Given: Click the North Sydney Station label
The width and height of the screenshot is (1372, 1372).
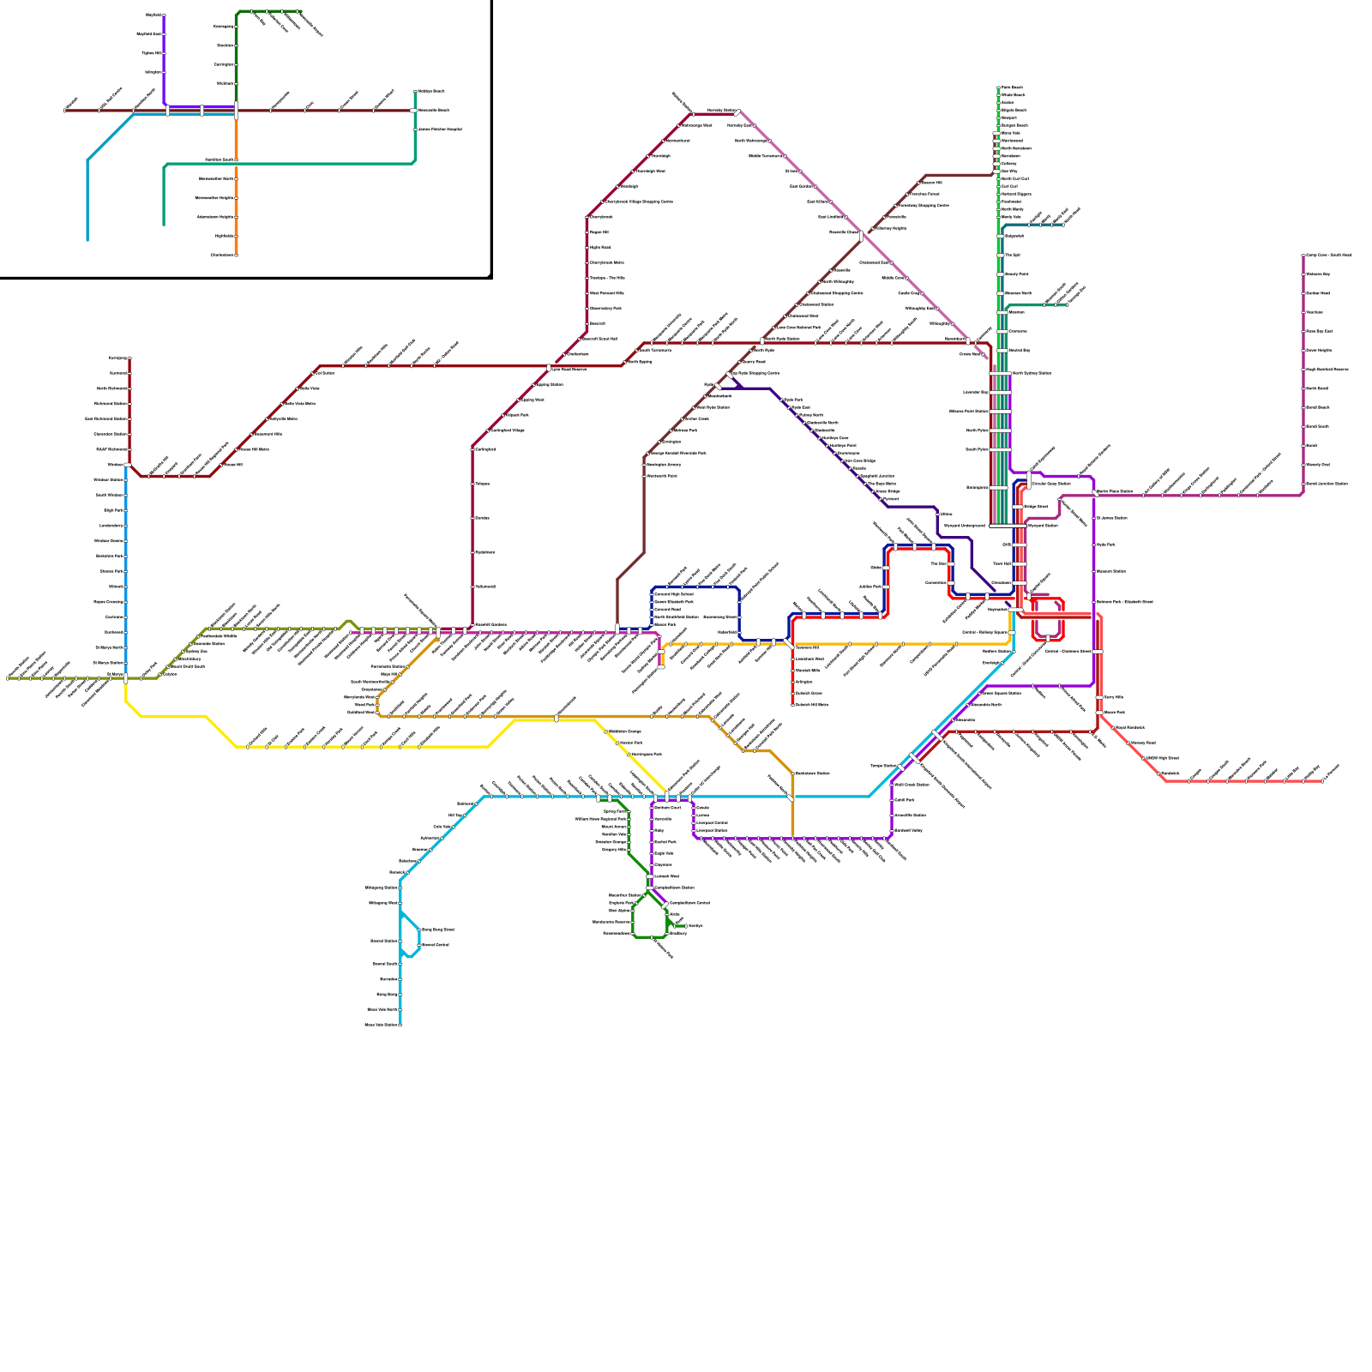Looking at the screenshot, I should click(x=1032, y=373).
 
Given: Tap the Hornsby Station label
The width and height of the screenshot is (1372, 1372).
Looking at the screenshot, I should click(x=719, y=111).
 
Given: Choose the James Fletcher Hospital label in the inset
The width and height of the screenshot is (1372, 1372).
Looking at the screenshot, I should click(x=441, y=129).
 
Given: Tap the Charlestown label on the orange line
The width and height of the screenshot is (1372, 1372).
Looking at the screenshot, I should click(x=221, y=255).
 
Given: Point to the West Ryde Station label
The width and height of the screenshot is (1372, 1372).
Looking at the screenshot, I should click(x=713, y=407).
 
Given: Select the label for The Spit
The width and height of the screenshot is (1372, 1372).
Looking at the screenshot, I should click(x=1012, y=255).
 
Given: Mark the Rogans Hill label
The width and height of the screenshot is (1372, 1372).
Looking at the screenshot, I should click(x=599, y=232).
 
